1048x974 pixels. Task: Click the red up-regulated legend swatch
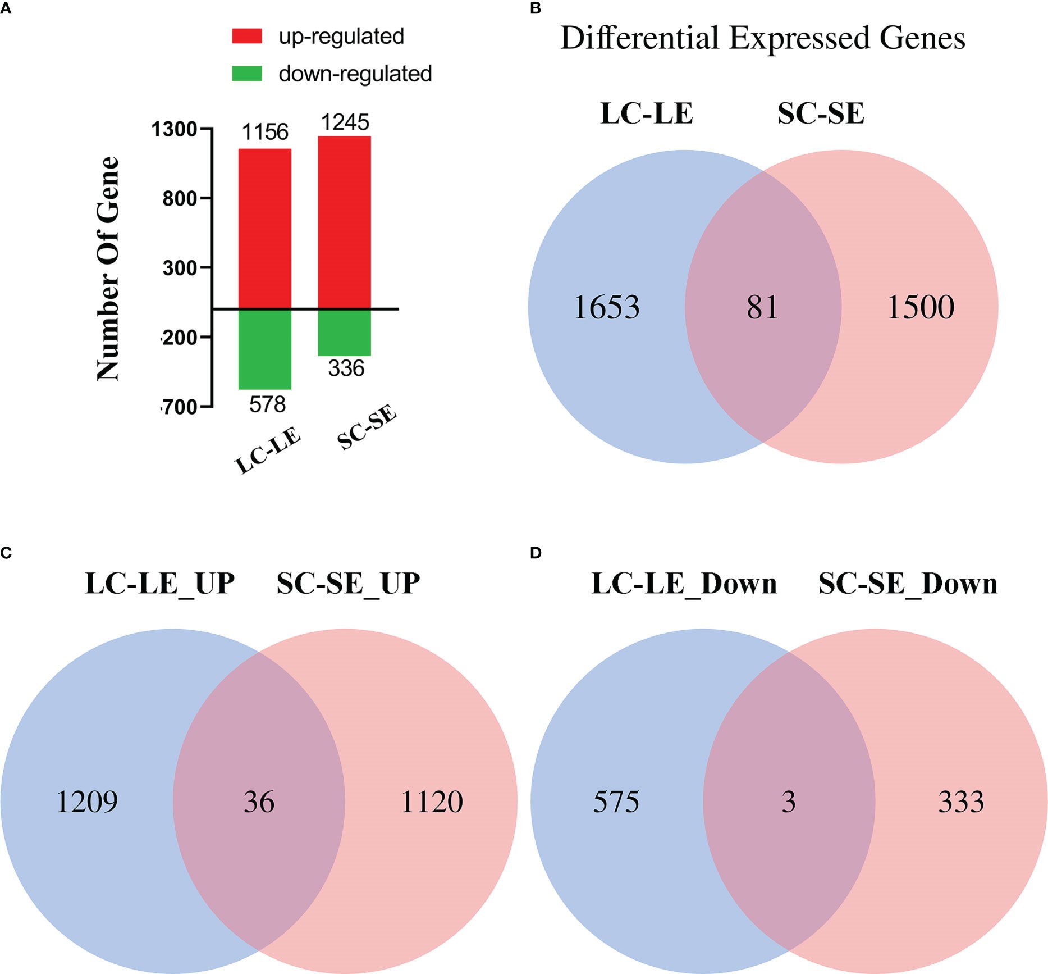pyautogui.click(x=247, y=36)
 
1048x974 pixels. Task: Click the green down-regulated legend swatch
pyautogui.click(x=247, y=74)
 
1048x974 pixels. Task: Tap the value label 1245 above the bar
pyautogui.click(x=345, y=122)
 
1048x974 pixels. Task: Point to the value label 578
pyautogui.click(x=267, y=404)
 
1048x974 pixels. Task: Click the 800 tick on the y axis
pyautogui.click(x=180, y=198)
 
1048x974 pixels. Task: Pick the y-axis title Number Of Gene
pyautogui.click(x=108, y=268)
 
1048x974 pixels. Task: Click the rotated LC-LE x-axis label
pyautogui.click(x=268, y=450)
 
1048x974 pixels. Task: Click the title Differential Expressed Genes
pyautogui.click(x=762, y=38)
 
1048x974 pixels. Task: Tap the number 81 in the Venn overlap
pyautogui.click(x=762, y=307)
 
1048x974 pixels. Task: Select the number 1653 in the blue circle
pyautogui.click(x=606, y=307)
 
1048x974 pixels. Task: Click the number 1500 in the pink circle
pyautogui.click(x=921, y=307)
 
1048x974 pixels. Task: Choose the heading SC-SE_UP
pyautogui.click(x=348, y=584)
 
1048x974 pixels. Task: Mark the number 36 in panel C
pyautogui.click(x=259, y=802)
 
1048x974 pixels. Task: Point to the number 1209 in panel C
pyautogui.click(x=87, y=802)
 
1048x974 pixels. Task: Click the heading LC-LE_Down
pyautogui.click(x=684, y=584)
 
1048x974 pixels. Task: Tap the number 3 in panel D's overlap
pyautogui.click(x=789, y=802)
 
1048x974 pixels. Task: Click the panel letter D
pyautogui.click(x=536, y=553)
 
